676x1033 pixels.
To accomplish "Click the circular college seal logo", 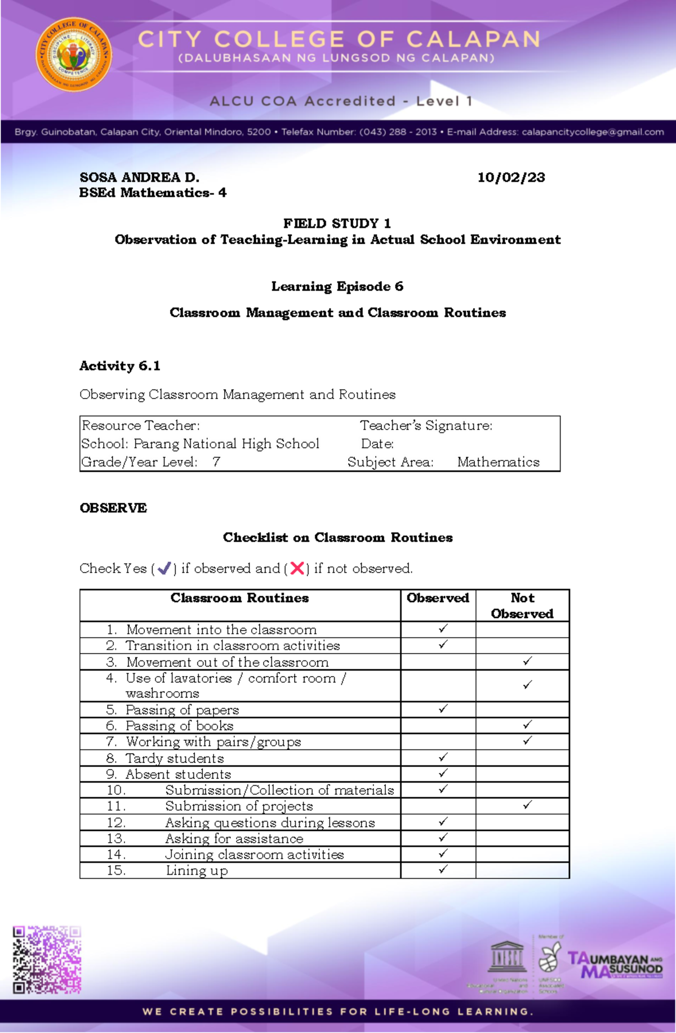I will pyautogui.click(x=74, y=55).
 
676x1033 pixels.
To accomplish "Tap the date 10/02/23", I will pyautogui.click(x=511, y=177).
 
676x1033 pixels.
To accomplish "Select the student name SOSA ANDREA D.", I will pyautogui.click(x=139, y=177).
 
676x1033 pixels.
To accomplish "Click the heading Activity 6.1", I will pyautogui.click(x=119, y=366).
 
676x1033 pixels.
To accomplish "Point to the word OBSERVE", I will pyautogui.click(x=113, y=508).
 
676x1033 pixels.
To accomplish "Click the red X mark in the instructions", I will pyautogui.click(x=297, y=569).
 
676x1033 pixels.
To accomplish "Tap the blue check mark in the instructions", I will pyautogui.click(x=164, y=569).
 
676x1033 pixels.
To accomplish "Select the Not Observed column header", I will pyautogui.click(x=522, y=606).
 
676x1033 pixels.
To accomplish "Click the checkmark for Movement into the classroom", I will pyautogui.click(x=443, y=628).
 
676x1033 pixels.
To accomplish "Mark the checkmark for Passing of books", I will pyautogui.click(x=527, y=725).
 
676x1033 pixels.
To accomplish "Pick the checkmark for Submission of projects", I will pyautogui.click(x=527, y=805).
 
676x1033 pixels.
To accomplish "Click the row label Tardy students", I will pyautogui.click(x=175, y=758).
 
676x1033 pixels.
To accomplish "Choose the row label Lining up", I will pyautogui.click(x=197, y=870).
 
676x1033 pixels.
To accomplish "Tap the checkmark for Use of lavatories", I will pyautogui.click(x=527, y=685).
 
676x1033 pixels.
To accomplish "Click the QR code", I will pyautogui.click(x=47, y=959).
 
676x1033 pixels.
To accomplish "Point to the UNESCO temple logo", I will pyautogui.click(x=507, y=956).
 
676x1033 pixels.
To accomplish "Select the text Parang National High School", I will pyautogui.click(x=226, y=444).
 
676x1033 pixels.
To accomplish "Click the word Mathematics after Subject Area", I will pyautogui.click(x=498, y=462).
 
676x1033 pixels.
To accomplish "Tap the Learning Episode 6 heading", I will pyautogui.click(x=337, y=287).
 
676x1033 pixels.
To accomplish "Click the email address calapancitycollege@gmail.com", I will pyautogui.click(x=593, y=132).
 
